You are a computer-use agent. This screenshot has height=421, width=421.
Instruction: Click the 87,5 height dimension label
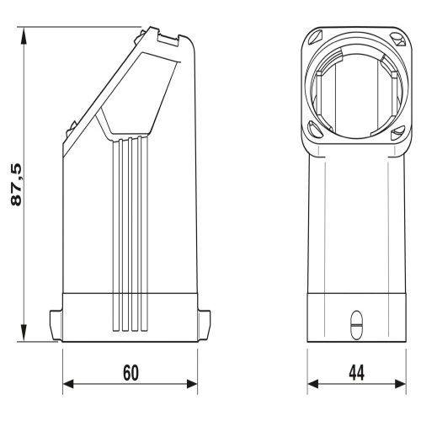[x=17, y=185]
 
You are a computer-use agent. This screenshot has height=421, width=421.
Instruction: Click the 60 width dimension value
[x=131, y=373]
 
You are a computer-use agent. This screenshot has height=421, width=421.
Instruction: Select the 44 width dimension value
[x=356, y=373]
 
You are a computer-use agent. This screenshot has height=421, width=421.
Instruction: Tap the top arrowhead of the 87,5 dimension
[x=24, y=35]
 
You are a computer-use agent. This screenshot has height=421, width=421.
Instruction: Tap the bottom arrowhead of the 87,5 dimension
[x=24, y=333]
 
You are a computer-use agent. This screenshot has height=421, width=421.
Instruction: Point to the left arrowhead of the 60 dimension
[x=68, y=384]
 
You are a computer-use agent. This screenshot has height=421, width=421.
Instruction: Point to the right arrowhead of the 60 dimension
[x=192, y=384]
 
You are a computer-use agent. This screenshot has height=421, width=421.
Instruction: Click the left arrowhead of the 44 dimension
[x=313, y=384]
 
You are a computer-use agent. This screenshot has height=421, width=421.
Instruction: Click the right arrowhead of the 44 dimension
[x=401, y=384]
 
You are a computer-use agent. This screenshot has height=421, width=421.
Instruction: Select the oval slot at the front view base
[x=356, y=324]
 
